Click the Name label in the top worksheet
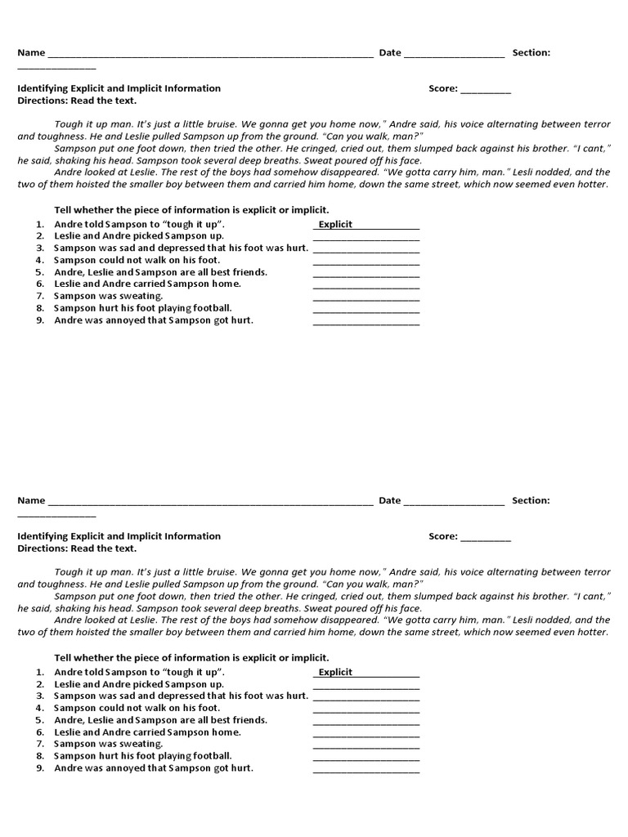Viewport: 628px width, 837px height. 31,53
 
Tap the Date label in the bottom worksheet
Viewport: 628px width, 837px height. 389,501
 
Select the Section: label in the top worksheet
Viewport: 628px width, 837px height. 531,53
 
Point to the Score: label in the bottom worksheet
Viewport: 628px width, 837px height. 442,537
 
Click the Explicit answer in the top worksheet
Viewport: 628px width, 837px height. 335,224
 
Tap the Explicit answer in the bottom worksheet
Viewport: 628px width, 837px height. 335,672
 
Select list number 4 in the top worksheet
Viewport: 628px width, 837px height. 39,260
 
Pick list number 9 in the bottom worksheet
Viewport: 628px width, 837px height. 39,768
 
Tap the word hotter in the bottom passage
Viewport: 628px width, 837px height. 590,632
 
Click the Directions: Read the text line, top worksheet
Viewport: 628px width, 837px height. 77,101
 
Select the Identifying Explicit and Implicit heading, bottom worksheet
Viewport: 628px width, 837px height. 119,536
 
